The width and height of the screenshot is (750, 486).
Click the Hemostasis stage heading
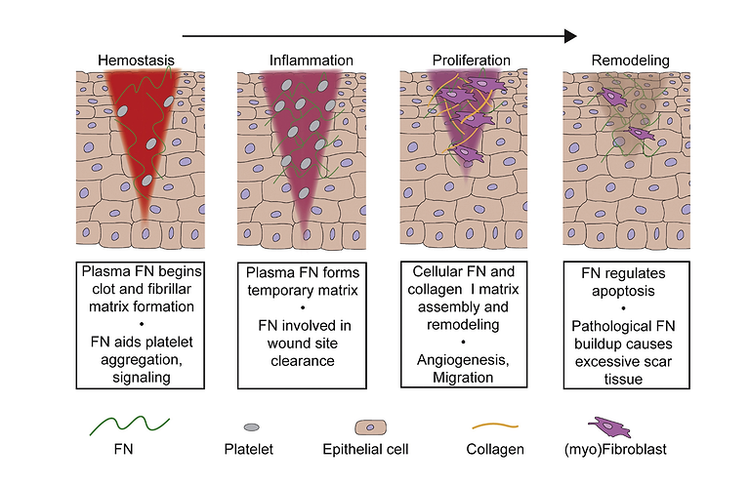136,61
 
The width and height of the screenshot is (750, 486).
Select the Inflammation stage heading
311,61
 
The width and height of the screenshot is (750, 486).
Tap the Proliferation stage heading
471,61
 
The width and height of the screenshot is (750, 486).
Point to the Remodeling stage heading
631,61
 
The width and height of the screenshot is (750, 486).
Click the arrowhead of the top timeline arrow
570,36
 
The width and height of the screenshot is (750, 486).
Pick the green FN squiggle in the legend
129,425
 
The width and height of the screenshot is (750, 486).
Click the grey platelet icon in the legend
252,427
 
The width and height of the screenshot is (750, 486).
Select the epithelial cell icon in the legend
370,427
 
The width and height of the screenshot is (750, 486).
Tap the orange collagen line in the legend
495,425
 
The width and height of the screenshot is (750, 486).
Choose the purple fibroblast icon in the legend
609,426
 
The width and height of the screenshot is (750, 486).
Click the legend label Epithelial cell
365,449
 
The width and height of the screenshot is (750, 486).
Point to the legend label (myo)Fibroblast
615,450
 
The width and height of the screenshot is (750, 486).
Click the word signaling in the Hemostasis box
142,378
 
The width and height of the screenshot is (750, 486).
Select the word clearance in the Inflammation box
303,361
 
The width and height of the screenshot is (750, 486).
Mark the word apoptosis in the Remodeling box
623,291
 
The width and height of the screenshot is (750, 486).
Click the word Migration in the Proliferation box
463,378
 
